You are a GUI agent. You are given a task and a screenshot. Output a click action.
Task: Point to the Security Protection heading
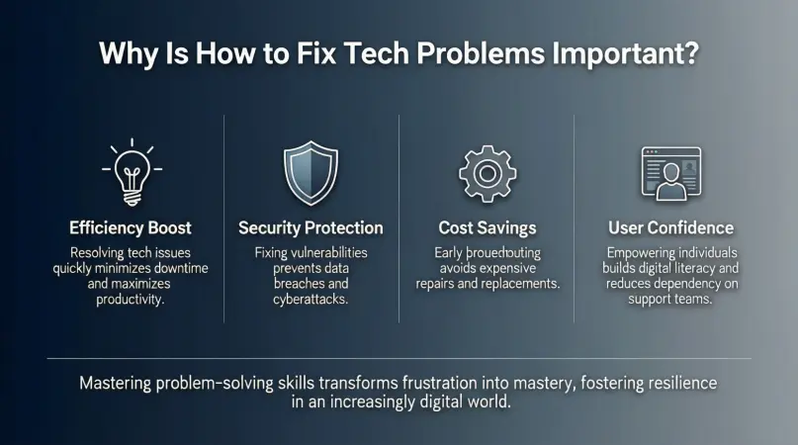[310, 227]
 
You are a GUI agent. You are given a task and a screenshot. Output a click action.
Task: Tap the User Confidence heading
[670, 227]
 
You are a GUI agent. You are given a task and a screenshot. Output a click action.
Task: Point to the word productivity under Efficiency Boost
[129, 299]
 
